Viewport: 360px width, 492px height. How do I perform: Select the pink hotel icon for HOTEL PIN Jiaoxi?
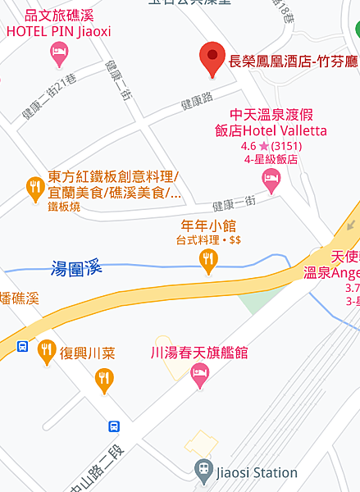point(58,54)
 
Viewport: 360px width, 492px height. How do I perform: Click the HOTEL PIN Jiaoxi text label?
point(58,31)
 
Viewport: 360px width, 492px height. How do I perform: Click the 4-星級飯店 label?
point(270,160)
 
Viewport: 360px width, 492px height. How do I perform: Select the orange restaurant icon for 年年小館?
point(209,261)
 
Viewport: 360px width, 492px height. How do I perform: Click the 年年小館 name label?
point(208,225)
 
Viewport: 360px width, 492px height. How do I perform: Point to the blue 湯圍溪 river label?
point(76,267)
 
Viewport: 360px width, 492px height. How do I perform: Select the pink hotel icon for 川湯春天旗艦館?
point(198,376)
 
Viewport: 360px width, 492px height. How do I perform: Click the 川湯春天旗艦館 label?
point(199,353)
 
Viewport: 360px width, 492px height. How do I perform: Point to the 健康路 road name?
point(197,103)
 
